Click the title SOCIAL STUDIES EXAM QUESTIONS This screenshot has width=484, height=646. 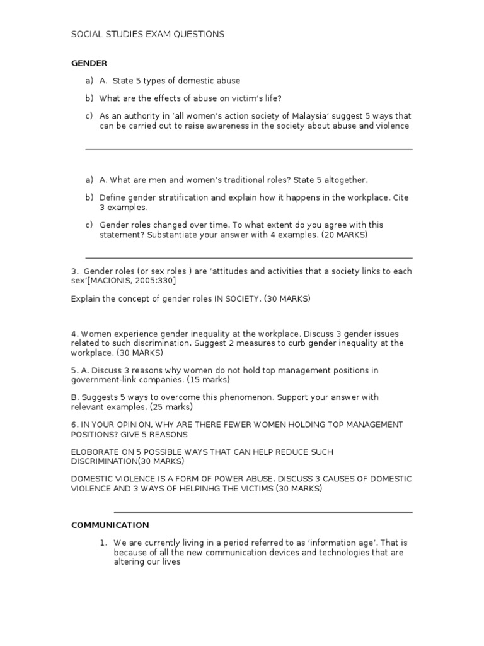pos(147,34)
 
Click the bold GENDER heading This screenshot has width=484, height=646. pos(89,63)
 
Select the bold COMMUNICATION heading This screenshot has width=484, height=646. pos(110,525)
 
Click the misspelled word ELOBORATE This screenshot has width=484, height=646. pos(96,452)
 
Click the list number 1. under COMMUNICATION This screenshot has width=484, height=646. pos(104,543)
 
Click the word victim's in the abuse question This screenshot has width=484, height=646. pos(250,98)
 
